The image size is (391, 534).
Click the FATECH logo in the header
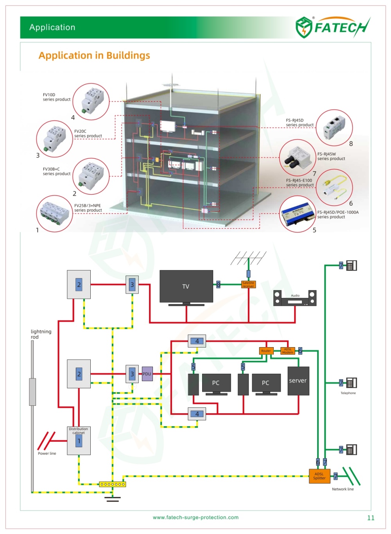click(x=332, y=27)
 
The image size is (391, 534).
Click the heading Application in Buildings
click(x=94, y=56)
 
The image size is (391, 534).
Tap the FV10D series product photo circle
click(x=91, y=101)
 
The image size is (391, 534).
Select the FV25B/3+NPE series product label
click(x=88, y=208)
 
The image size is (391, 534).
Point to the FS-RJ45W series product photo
click(x=298, y=158)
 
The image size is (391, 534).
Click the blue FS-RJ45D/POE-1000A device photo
click(x=298, y=214)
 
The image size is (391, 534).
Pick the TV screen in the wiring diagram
click(x=186, y=286)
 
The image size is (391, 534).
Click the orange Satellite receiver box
click(x=248, y=285)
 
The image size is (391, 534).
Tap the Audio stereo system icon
click(x=295, y=298)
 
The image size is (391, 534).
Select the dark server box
click(x=298, y=381)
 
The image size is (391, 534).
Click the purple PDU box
click(x=147, y=374)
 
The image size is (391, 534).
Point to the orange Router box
click(x=266, y=351)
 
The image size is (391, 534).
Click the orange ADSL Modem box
click(x=288, y=351)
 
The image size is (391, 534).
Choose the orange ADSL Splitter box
click(x=319, y=476)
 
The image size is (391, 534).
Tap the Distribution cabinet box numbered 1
click(x=79, y=441)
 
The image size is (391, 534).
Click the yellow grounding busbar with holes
click(x=112, y=484)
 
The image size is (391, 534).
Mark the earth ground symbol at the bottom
click(x=112, y=498)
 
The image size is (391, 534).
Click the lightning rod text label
click(x=41, y=334)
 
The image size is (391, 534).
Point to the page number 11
click(x=371, y=518)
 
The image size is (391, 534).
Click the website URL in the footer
click(x=195, y=518)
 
